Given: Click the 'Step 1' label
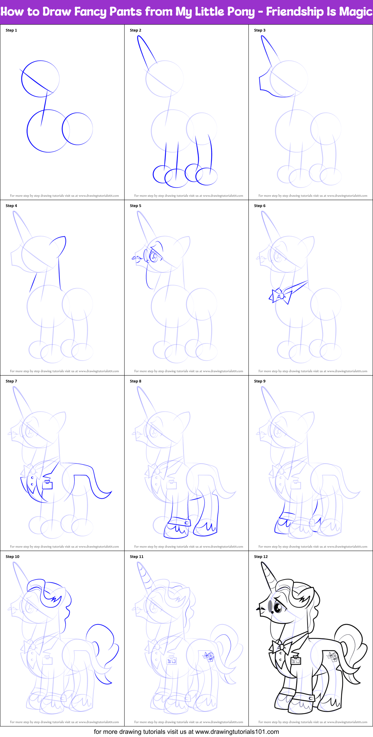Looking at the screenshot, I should click(x=11, y=30).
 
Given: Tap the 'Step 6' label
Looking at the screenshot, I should click(x=260, y=206).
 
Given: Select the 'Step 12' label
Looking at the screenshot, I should click(x=261, y=557).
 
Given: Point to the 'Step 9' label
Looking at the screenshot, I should click(x=260, y=381).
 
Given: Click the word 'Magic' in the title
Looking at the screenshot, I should click(x=355, y=12).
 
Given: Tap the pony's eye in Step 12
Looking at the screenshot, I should click(x=278, y=607).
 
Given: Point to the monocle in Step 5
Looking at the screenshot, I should click(x=154, y=257).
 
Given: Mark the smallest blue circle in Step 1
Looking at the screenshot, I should click(x=77, y=129).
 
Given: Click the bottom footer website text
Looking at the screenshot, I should click(x=186, y=732).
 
